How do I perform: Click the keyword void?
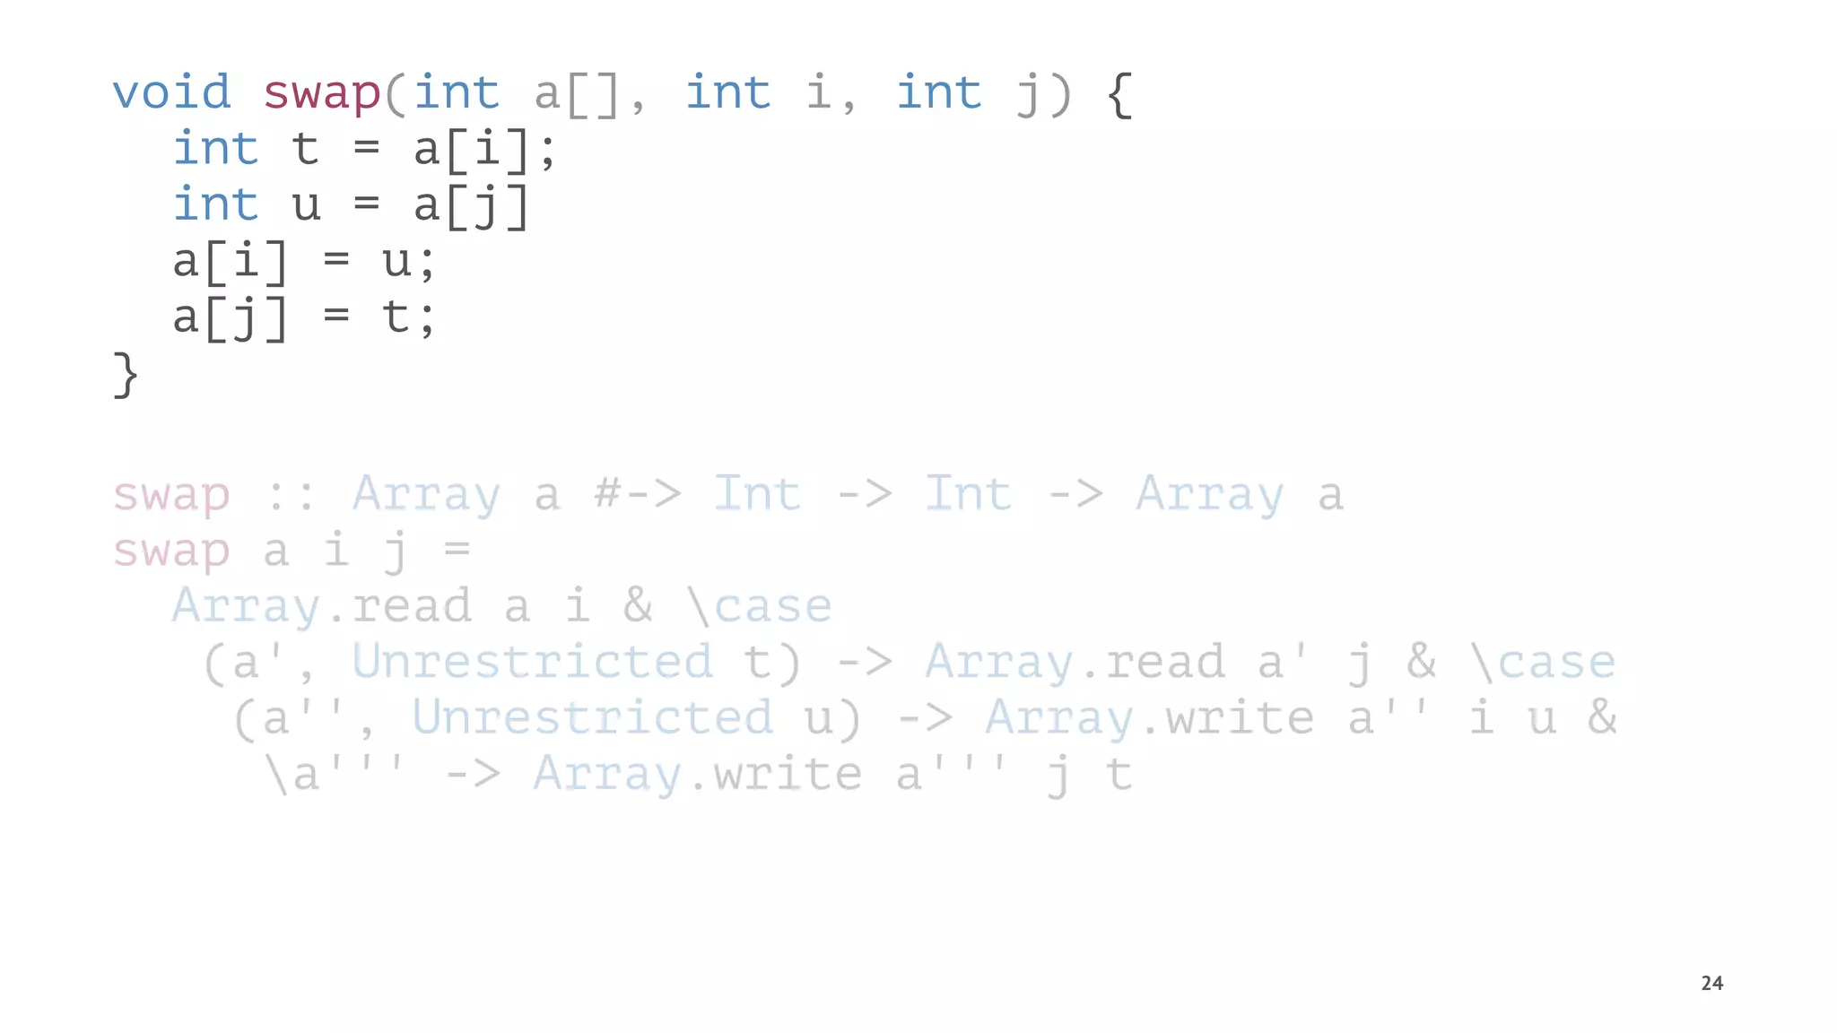[171, 92]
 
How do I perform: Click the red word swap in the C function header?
[322, 94]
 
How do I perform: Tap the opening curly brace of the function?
[1119, 94]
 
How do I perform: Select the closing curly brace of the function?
[126, 374]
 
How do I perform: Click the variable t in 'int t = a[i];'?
[306, 149]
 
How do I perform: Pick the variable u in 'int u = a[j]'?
[306, 205]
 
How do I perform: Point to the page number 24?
[1711, 983]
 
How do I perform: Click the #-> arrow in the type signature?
[638, 494]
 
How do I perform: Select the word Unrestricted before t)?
[533, 662]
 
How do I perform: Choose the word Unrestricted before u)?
[593, 717]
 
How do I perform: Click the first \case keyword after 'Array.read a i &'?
[760, 606]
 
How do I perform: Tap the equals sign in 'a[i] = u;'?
[336, 261]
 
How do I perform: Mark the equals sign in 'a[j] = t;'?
[336, 317]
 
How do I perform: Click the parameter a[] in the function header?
[577, 94]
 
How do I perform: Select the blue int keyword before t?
[216, 149]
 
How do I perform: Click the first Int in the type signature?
[757, 494]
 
